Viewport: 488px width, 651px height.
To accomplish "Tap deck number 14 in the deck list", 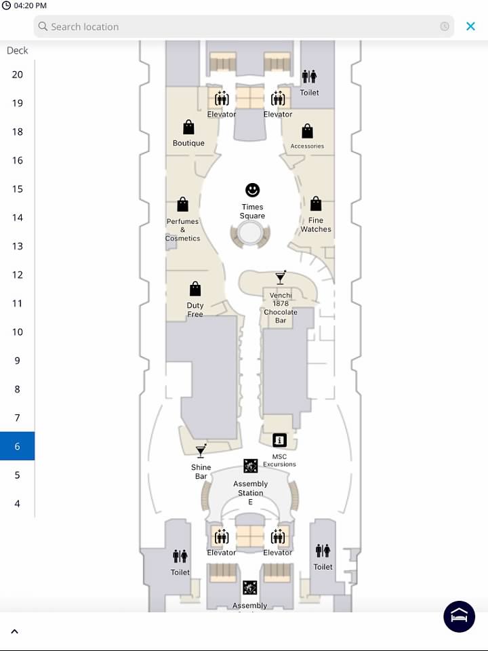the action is pyautogui.click(x=18, y=218).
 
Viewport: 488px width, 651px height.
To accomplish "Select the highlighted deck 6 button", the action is pyautogui.click(x=17, y=446).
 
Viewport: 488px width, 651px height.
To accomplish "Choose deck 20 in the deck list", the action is pyautogui.click(x=18, y=75).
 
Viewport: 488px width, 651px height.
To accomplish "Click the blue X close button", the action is pyautogui.click(x=470, y=26).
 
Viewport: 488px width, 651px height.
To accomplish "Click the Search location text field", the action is pyautogui.click(x=243, y=26).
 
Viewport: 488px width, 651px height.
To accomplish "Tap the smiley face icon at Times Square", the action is pyautogui.click(x=252, y=190).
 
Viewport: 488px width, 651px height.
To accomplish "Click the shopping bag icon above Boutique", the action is pyautogui.click(x=189, y=127).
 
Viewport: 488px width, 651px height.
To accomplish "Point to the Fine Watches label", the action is pyautogui.click(x=316, y=224).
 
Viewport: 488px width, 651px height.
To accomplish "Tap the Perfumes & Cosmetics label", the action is pyautogui.click(x=182, y=230).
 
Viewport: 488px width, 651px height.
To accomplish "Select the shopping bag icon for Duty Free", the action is pyautogui.click(x=195, y=289).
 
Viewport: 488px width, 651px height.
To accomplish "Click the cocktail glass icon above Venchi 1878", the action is pyautogui.click(x=281, y=277).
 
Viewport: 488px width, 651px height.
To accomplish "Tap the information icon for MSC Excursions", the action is pyautogui.click(x=279, y=440).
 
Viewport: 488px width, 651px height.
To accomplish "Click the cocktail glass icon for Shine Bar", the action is pyautogui.click(x=201, y=450).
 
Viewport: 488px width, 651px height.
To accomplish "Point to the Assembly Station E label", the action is pyautogui.click(x=250, y=493).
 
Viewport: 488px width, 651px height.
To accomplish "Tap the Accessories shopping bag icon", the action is pyautogui.click(x=308, y=131).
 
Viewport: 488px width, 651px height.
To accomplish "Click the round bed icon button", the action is pyautogui.click(x=459, y=616).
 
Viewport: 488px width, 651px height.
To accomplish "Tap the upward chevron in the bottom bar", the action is pyautogui.click(x=14, y=631).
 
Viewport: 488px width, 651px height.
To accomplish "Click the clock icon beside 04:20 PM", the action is pyautogui.click(x=6, y=5).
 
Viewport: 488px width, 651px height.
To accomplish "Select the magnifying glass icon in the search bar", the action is pyautogui.click(x=43, y=26).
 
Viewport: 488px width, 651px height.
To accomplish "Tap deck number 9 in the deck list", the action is pyautogui.click(x=18, y=360).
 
